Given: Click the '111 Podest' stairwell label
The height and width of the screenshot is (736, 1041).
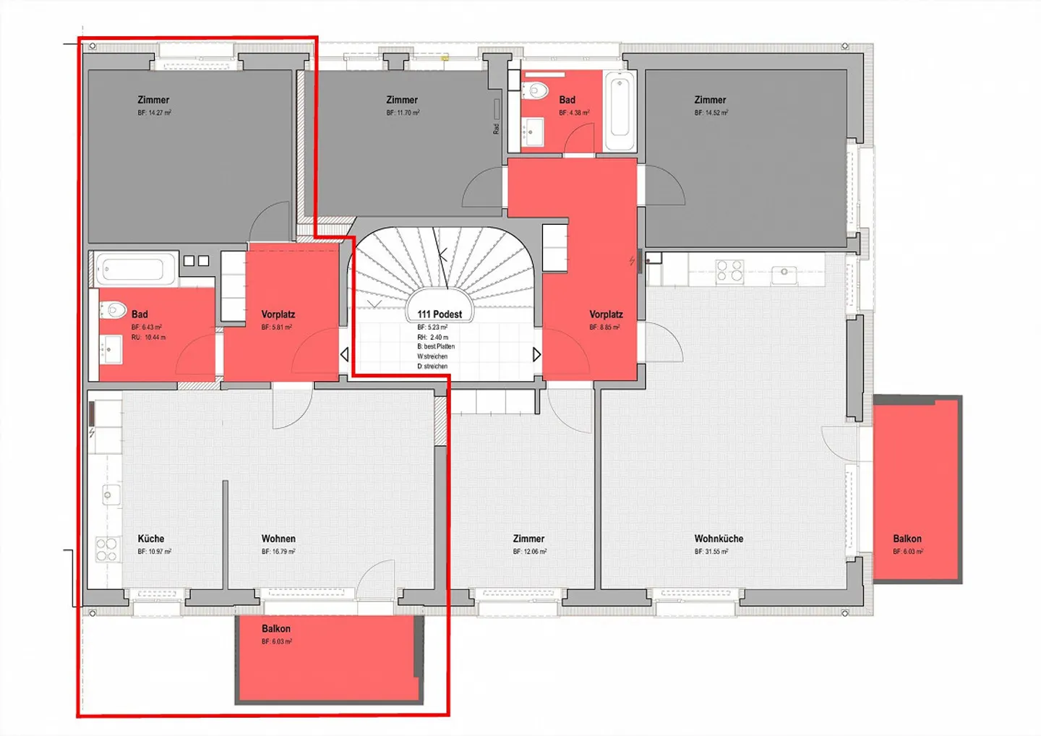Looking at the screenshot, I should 440,314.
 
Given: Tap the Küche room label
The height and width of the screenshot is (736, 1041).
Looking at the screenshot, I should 151,539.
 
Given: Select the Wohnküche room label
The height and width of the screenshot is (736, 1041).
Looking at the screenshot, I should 719,539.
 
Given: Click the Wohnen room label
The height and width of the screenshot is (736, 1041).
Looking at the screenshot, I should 278,539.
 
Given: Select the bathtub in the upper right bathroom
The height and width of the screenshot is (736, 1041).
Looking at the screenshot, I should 620,108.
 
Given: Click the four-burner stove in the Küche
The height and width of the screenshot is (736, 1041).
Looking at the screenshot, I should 107,549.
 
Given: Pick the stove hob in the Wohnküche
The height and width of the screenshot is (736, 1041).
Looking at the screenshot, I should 729,271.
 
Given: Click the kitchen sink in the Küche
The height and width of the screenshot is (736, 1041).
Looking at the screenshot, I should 108,495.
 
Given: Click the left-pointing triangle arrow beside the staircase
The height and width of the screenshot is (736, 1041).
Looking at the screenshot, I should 344,355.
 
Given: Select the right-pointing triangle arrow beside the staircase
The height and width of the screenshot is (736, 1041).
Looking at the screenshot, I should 536,355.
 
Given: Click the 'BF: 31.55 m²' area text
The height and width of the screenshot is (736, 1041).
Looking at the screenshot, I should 711,552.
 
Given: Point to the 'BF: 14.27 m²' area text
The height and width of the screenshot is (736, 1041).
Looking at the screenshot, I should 154,113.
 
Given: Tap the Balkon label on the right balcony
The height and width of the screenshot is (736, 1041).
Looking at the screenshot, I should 907,539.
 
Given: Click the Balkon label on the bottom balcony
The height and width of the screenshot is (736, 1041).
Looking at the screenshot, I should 276,629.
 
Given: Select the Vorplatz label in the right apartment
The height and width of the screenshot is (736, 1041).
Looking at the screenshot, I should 606,314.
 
